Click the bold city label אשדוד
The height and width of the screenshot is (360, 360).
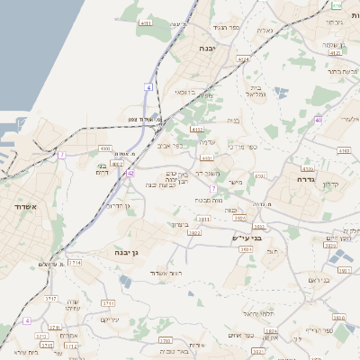(x=24, y=206)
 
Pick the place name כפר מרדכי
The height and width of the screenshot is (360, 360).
(x=242, y=147)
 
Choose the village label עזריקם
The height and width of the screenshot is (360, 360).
(x=110, y=319)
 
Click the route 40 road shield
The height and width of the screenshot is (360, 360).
(x=319, y=120)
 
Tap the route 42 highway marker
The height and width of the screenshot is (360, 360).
(x=130, y=173)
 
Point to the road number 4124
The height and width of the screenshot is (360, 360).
(x=243, y=58)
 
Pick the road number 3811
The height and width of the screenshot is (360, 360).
(x=204, y=218)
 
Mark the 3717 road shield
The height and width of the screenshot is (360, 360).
(x=50, y=298)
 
